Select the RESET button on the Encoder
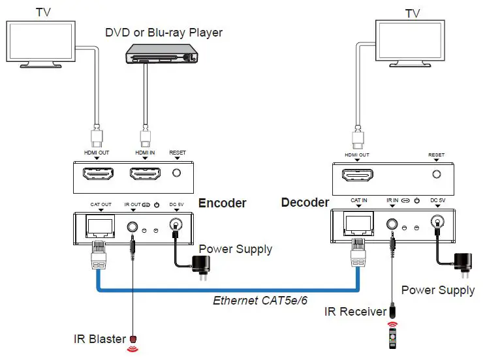click(x=177, y=173)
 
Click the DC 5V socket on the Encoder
click(x=175, y=226)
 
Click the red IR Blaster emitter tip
click(x=134, y=339)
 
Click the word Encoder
click(x=222, y=203)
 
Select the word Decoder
click(x=305, y=202)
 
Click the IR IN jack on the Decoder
click(x=393, y=223)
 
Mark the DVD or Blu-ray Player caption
click(x=164, y=33)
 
